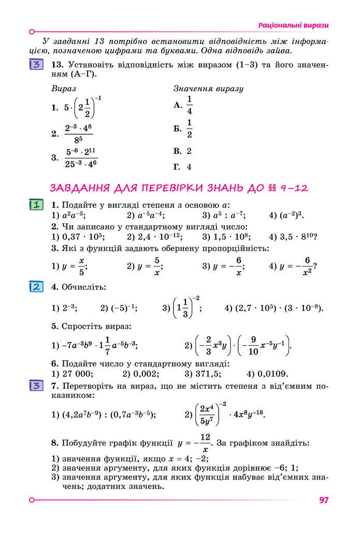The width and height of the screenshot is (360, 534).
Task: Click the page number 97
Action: (x=324, y=500)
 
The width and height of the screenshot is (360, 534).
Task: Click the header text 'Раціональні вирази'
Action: (x=294, y=25)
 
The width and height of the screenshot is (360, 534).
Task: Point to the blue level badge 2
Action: (x=36, y=287)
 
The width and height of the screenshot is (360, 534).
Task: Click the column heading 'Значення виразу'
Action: (x=208, y=88)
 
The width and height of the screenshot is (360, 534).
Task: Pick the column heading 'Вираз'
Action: (x=64, y=88)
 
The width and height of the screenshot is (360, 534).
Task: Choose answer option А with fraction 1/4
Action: (x=184, y=105)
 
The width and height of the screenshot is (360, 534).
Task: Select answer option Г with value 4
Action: (x=183, y=167)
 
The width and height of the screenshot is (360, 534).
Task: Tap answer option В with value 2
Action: (x=183, y=151)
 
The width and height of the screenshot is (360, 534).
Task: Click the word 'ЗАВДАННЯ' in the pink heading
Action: (x=82, y=188)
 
